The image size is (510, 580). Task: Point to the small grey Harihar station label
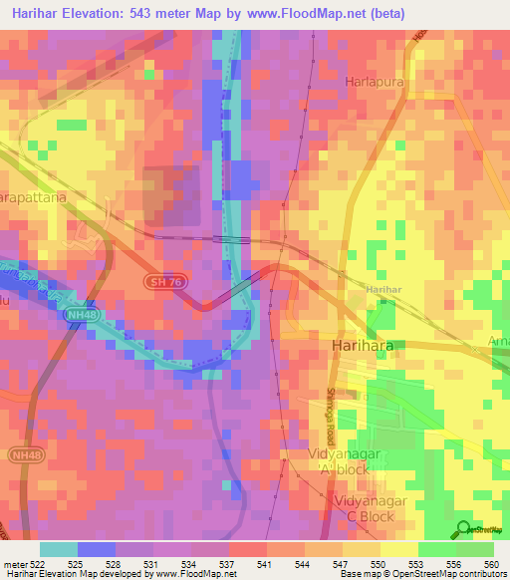382,288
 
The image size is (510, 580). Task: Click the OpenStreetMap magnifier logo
464,529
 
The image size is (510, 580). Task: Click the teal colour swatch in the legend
59,549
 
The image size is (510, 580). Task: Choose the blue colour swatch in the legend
97,549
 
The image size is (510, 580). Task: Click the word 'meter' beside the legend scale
17,564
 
